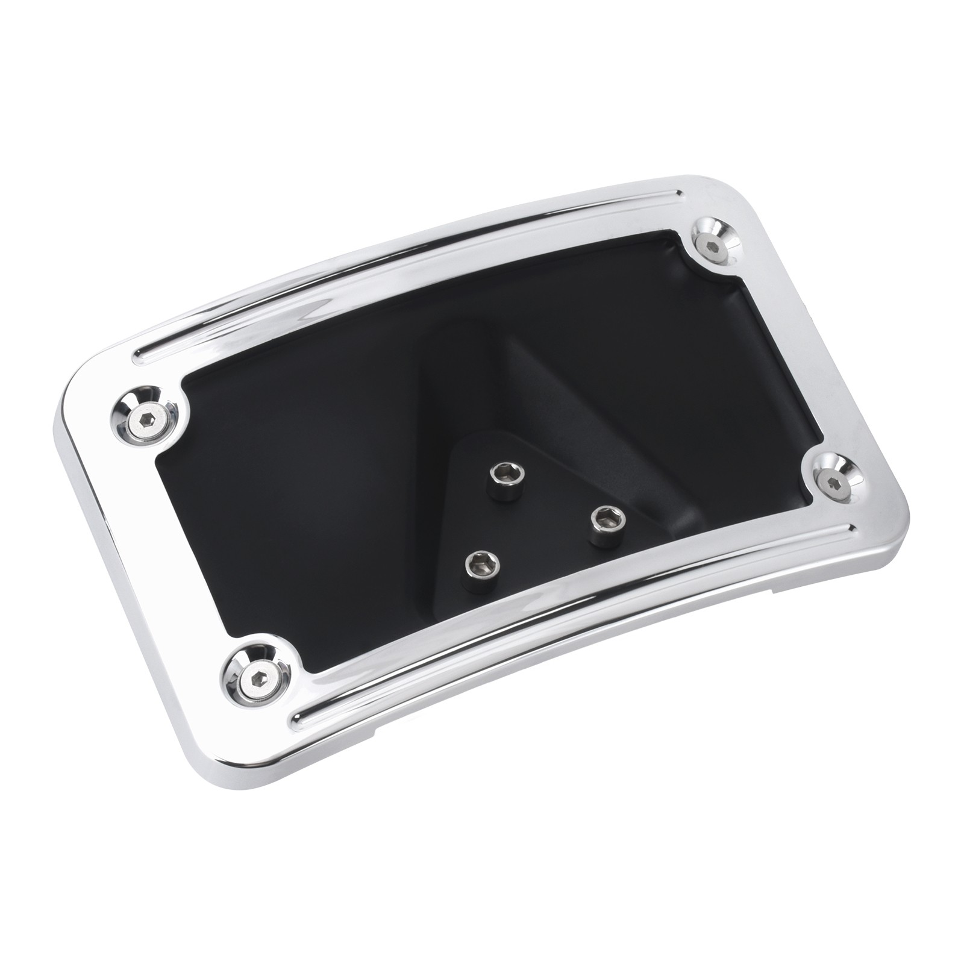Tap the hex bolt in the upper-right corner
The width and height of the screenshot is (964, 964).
click(x=713, y=245)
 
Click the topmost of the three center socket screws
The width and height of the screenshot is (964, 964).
click(x=502, y=477)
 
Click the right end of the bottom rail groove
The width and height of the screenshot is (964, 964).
click(x=851, y=530)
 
